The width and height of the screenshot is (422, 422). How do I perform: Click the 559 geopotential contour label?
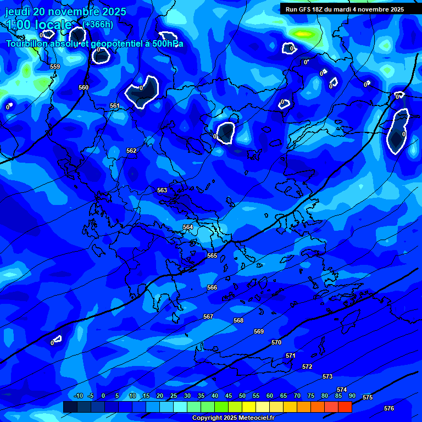55,66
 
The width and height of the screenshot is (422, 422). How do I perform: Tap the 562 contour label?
131,151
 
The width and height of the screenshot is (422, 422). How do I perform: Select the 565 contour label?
212,256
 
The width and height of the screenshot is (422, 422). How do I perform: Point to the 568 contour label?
238,320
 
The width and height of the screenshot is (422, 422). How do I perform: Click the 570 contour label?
276,342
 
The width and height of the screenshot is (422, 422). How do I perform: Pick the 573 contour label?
327,376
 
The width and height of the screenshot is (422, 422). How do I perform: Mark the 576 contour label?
389,408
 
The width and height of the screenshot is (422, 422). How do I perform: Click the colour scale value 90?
352,396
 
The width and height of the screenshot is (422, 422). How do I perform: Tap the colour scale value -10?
78,396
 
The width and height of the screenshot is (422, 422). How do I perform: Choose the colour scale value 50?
242,396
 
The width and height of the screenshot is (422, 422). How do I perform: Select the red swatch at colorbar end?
345,407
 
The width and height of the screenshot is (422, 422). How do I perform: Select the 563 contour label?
162,190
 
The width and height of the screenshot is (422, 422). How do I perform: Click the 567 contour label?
208,316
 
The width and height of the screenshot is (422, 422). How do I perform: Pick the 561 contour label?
115,105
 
